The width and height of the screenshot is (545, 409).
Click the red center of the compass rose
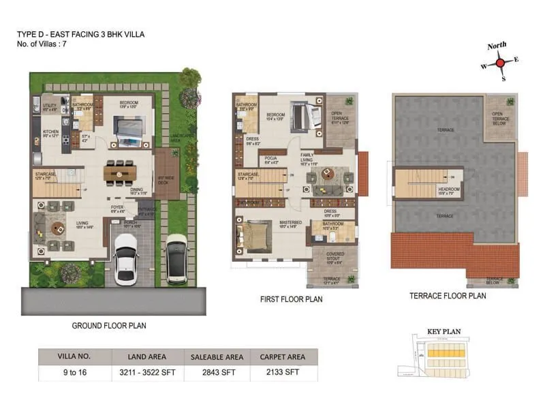500,62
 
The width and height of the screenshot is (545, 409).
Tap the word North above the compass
497,46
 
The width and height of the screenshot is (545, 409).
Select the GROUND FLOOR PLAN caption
109,326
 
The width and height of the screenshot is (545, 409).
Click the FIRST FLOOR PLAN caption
292,299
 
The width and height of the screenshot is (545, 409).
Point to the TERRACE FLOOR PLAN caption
448,296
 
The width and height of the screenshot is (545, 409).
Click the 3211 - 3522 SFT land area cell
149,374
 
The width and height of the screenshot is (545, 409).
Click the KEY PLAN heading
443,332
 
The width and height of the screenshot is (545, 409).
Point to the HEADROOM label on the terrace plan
449,190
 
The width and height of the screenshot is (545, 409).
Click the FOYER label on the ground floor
118,208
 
